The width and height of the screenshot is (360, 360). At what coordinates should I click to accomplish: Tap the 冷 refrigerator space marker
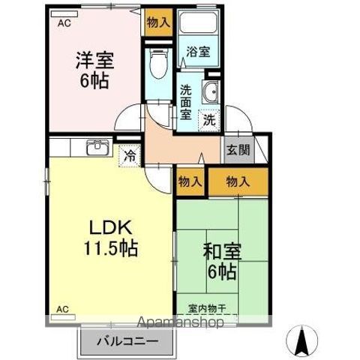click(x=130, y=157)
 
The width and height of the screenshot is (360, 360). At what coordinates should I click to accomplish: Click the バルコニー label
click(x=127, y=341)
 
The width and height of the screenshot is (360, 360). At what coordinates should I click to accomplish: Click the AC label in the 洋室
click(x=64, y=23)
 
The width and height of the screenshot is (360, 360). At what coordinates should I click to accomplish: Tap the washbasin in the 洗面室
click(x=211, y=94)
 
